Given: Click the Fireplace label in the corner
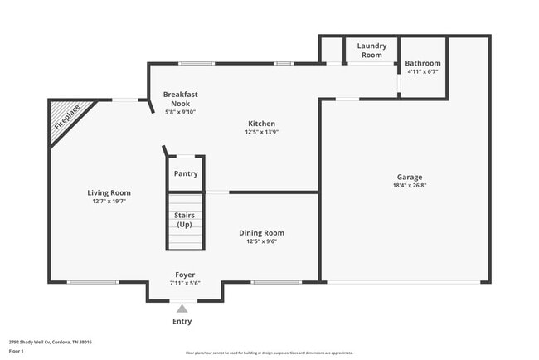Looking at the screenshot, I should click(68, 118).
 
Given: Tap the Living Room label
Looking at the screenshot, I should click(109, 192).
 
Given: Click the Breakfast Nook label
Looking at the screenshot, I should click(180, 99).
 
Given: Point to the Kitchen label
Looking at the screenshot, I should click(261, 124).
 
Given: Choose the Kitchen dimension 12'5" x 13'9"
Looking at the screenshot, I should click(261, 132).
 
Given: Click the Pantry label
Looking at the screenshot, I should click(186, 173).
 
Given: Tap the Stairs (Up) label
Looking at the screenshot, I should click(184, 220).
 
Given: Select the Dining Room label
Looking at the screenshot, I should click(261, 233).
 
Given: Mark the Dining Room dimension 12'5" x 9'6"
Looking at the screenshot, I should click(261, 241).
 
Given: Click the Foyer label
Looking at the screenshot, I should click(184, 275).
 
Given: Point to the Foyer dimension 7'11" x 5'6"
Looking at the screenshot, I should click(184, 283).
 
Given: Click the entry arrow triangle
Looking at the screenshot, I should click(182, 309).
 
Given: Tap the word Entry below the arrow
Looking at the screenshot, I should click(182, 321).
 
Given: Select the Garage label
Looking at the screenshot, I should click(410, 177).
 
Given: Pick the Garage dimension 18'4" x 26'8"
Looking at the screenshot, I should click(410, 185).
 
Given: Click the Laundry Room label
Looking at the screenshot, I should click(371, 50).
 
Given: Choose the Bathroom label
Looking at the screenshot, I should click(423, 63).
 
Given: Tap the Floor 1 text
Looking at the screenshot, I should click(17, 352).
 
